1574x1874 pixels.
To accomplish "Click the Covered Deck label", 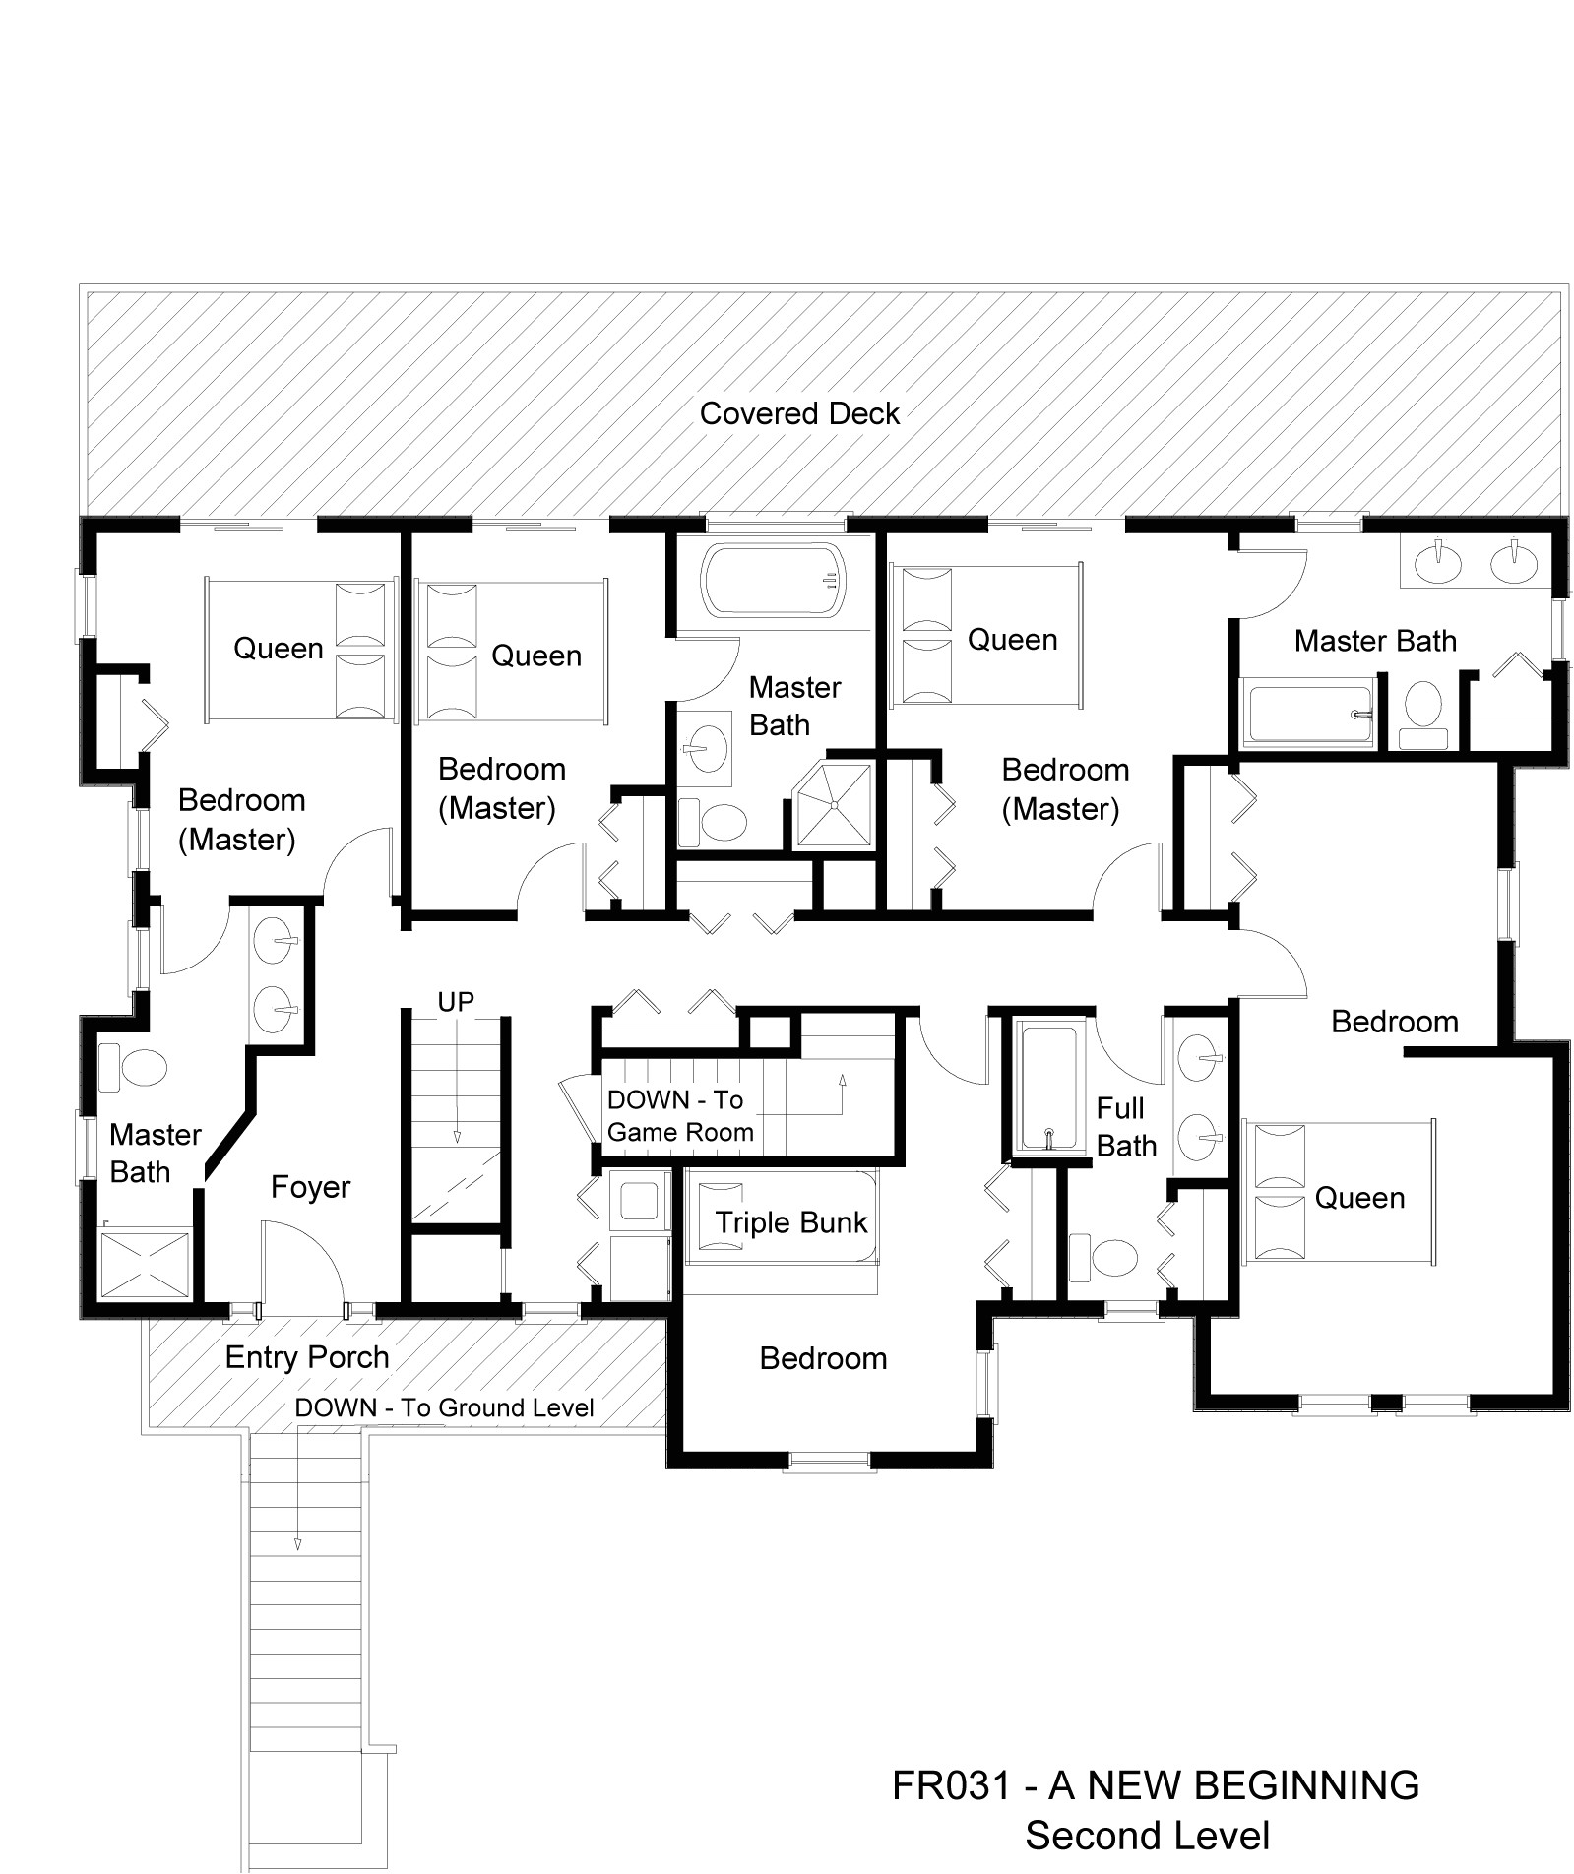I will pos(798,413).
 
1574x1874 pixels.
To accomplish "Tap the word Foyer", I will pos(310,1187).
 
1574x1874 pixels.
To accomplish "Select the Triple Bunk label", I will pos(790,1222).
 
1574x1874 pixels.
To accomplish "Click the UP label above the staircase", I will pos(456,1002).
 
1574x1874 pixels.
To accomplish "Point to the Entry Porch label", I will pos(307,1357).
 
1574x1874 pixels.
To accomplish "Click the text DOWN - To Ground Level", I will pos(444,1407).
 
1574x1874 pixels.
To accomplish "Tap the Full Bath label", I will pos(1125,1127).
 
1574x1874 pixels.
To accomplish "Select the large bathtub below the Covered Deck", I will pos(774,581).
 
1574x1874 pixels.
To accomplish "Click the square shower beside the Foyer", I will pos(147,1263).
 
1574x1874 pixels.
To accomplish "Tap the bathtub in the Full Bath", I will pos(1048,1088).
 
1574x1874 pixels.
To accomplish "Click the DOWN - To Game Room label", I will pos(679,1116).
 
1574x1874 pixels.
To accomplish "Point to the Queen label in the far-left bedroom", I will pos(278,649).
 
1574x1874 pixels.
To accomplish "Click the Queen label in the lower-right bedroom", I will pos(1359,1198).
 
